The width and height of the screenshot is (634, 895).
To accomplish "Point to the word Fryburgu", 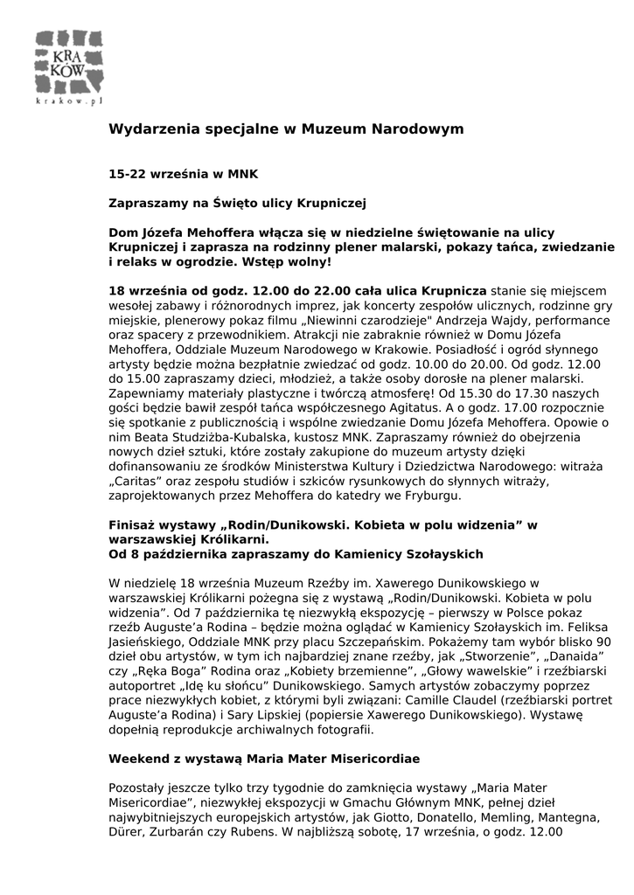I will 433,496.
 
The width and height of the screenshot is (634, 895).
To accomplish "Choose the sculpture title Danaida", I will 578,655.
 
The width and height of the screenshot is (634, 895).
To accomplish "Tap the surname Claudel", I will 470,699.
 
